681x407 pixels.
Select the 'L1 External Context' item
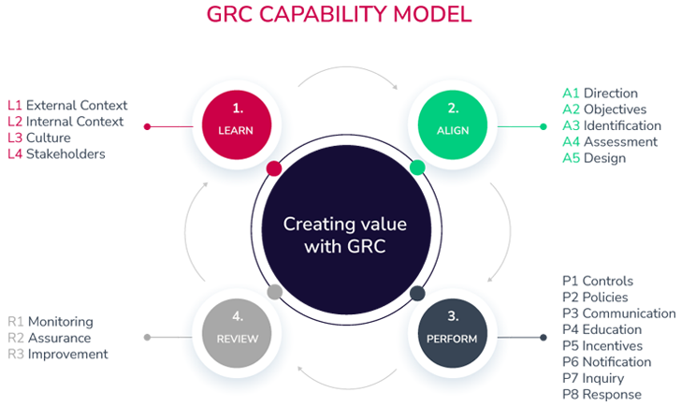(67, 106)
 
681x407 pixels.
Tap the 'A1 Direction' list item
(600, 94)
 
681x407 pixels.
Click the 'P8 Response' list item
(602, 395)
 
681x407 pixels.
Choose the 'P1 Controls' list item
(598, 282)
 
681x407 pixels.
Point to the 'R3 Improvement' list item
(58, 354)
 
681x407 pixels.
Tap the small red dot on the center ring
(273, 168)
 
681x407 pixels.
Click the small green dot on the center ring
(417, 168)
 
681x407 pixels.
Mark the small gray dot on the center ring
(274, 292)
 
